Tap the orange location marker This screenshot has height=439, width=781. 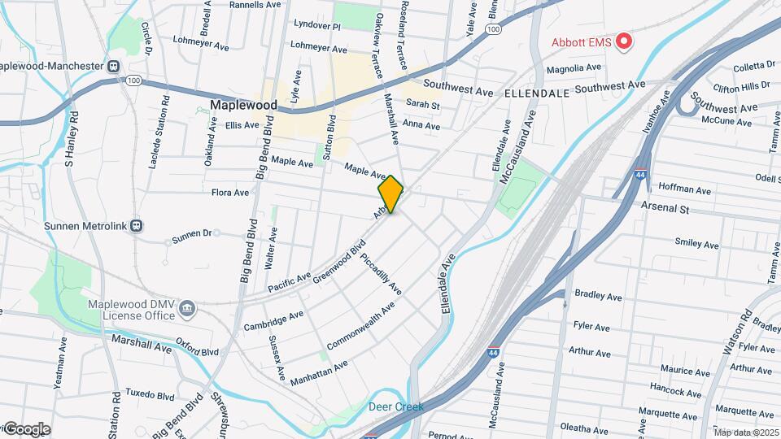pos(390,194)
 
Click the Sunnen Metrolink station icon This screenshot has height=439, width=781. pos(137,225)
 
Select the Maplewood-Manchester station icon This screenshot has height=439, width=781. pos(115,66)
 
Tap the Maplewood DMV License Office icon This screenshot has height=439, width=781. pos(187,308)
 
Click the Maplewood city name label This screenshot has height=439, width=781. pos(243,105)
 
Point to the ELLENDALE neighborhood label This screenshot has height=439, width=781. pos(536,93)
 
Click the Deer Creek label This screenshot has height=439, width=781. pos(396,406)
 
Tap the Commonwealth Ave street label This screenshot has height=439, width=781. pos(360,326)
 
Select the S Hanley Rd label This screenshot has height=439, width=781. pos(71,143)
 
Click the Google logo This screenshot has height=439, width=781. pos(26,429)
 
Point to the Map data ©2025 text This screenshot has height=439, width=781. pos(746,432)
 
